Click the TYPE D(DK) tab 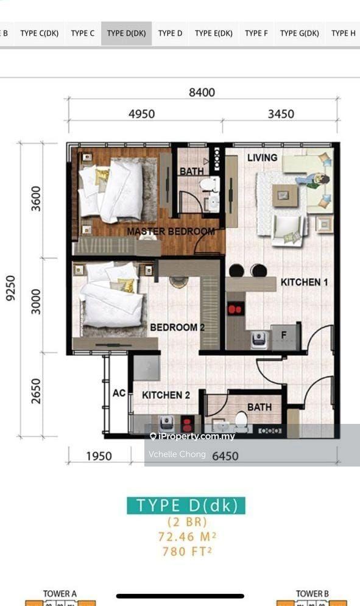coord(127,33)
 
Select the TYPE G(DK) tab coord(300,33)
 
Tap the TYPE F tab coord(256,33)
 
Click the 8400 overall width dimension coord(202,93)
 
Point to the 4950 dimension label coord(141,114)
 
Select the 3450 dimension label coord(281,114)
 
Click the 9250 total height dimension coord(10,288)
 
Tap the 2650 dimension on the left coord(35,391)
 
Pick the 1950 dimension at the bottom coord(99,456)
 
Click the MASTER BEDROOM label coord(171,231)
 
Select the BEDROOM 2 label coord(177,327)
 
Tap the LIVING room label coord(262,158)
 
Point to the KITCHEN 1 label coord(305,283)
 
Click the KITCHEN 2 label coord(166,395)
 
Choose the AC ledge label coord(119,393)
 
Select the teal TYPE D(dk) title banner coord(186,506)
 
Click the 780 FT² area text coord(187,551)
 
